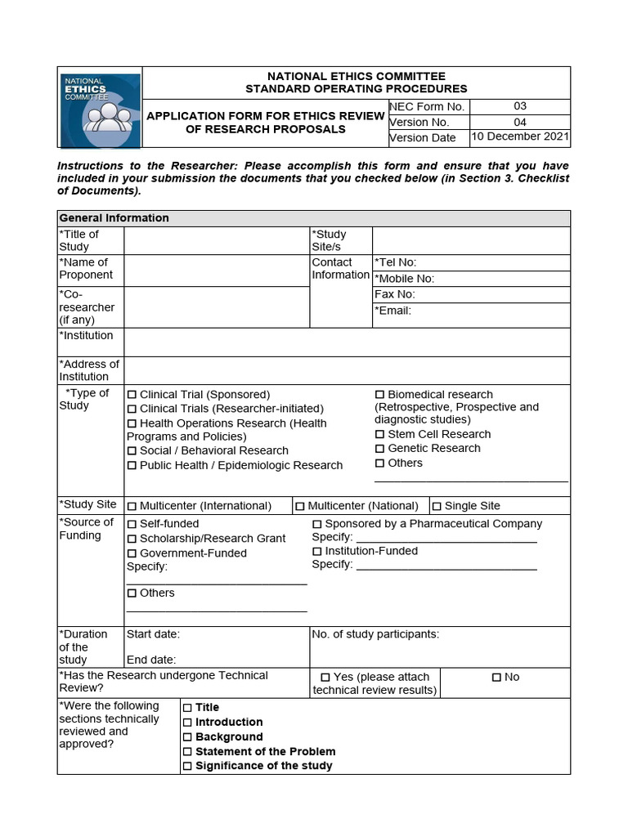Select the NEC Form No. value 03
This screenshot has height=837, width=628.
point(520,106)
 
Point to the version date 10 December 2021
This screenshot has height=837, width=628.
point(520,137)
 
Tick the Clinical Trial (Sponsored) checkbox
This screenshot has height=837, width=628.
point(132,395)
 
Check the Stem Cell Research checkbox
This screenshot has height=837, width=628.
point(380,435)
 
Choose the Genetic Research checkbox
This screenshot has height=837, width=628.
point(380,449)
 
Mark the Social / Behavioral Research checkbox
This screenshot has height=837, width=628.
point(132,451)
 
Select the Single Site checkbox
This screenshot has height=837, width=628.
point(437,507)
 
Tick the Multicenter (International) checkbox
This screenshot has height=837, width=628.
point(132,507)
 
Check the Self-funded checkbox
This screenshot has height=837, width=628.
point(132,524)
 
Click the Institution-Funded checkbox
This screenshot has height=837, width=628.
point(317,552)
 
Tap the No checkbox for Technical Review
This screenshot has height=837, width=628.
point(496,678)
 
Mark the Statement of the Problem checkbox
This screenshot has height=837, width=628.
point(187,752)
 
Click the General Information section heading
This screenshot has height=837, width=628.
point(114,218)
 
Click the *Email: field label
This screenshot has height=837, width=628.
point(393,311)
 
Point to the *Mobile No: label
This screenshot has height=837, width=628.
point(405,279)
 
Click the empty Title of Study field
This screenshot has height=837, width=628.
point(217,241)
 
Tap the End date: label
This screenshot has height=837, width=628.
point(151,660)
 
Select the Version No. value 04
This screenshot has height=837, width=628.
point(520,122)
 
